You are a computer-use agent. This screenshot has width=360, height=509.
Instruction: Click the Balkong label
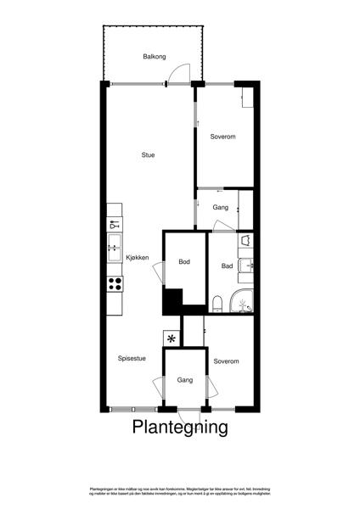pyautogui.click(x=155, y=57)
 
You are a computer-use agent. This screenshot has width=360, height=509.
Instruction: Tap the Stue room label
pyautogui.click(x=148, y=155)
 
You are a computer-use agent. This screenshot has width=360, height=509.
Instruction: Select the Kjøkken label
pyautogui.click(x=138, y=258)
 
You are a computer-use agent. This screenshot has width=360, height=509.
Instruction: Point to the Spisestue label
pyautogui.click(x=132, y=358)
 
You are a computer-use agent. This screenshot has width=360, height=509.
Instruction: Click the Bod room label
pyautogui.click(x=184, y=262)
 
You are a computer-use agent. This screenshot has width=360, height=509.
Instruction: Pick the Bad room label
pyautogui.click(x=227, y=266)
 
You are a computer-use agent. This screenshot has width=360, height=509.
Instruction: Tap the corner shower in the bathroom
pyautogui.click(x=243, y=301)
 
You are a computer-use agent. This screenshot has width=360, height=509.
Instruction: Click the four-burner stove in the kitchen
pyautogui.click(x=115, y=285)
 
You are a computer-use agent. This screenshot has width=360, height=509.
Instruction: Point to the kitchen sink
pyautogui.click(x=114, y=249)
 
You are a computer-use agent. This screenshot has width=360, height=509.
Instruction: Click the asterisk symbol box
pyautogui.click(x=172, y=338)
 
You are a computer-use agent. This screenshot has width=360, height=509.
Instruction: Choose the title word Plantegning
pyautogui.click(x=180, y=428)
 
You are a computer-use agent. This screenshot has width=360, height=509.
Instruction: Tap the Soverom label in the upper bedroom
pyautogui.click(x=222, y=137)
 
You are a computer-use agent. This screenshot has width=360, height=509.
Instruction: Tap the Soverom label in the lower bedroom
pyautogui.click(x=226, y=361)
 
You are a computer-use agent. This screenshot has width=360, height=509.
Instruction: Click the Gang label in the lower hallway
pyautogui.click(x=185, y=381)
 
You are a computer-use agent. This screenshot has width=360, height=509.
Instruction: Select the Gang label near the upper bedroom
pyautogui.click(x=221, y=207)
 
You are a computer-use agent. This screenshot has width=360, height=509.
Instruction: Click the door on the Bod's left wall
pyautogui.click(x=159, y=272)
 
